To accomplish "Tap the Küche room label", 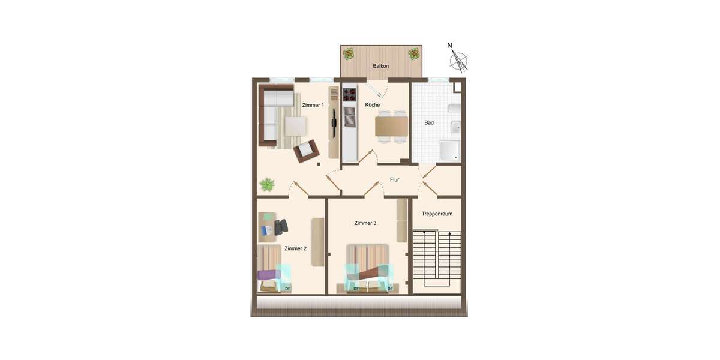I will coord(372,105).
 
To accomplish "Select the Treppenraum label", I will coord(436,214).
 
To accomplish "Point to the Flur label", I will coord(394,179).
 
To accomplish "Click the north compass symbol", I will coord(459,59).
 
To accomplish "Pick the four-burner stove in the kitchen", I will coord(349,94).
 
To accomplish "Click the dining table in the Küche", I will coord(391,126).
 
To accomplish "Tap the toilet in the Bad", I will coord(454,109).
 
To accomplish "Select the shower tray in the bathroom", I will coord(450,151).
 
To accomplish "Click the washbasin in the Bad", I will coord(456,127).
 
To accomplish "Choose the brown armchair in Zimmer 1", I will coord(307,151).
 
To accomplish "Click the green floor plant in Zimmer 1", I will coord(267,184).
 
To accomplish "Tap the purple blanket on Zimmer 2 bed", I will coord(268,275).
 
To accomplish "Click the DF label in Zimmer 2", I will coord(287,289).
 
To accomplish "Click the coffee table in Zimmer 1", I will coord(295,126).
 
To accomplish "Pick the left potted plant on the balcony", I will coord(348,54).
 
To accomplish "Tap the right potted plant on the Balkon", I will coord(413,54).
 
